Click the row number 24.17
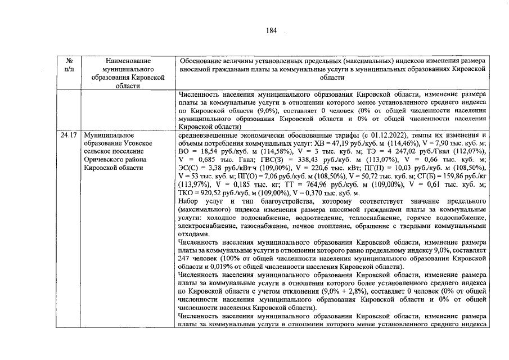coord(70,136)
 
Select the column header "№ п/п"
coord(70,64)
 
